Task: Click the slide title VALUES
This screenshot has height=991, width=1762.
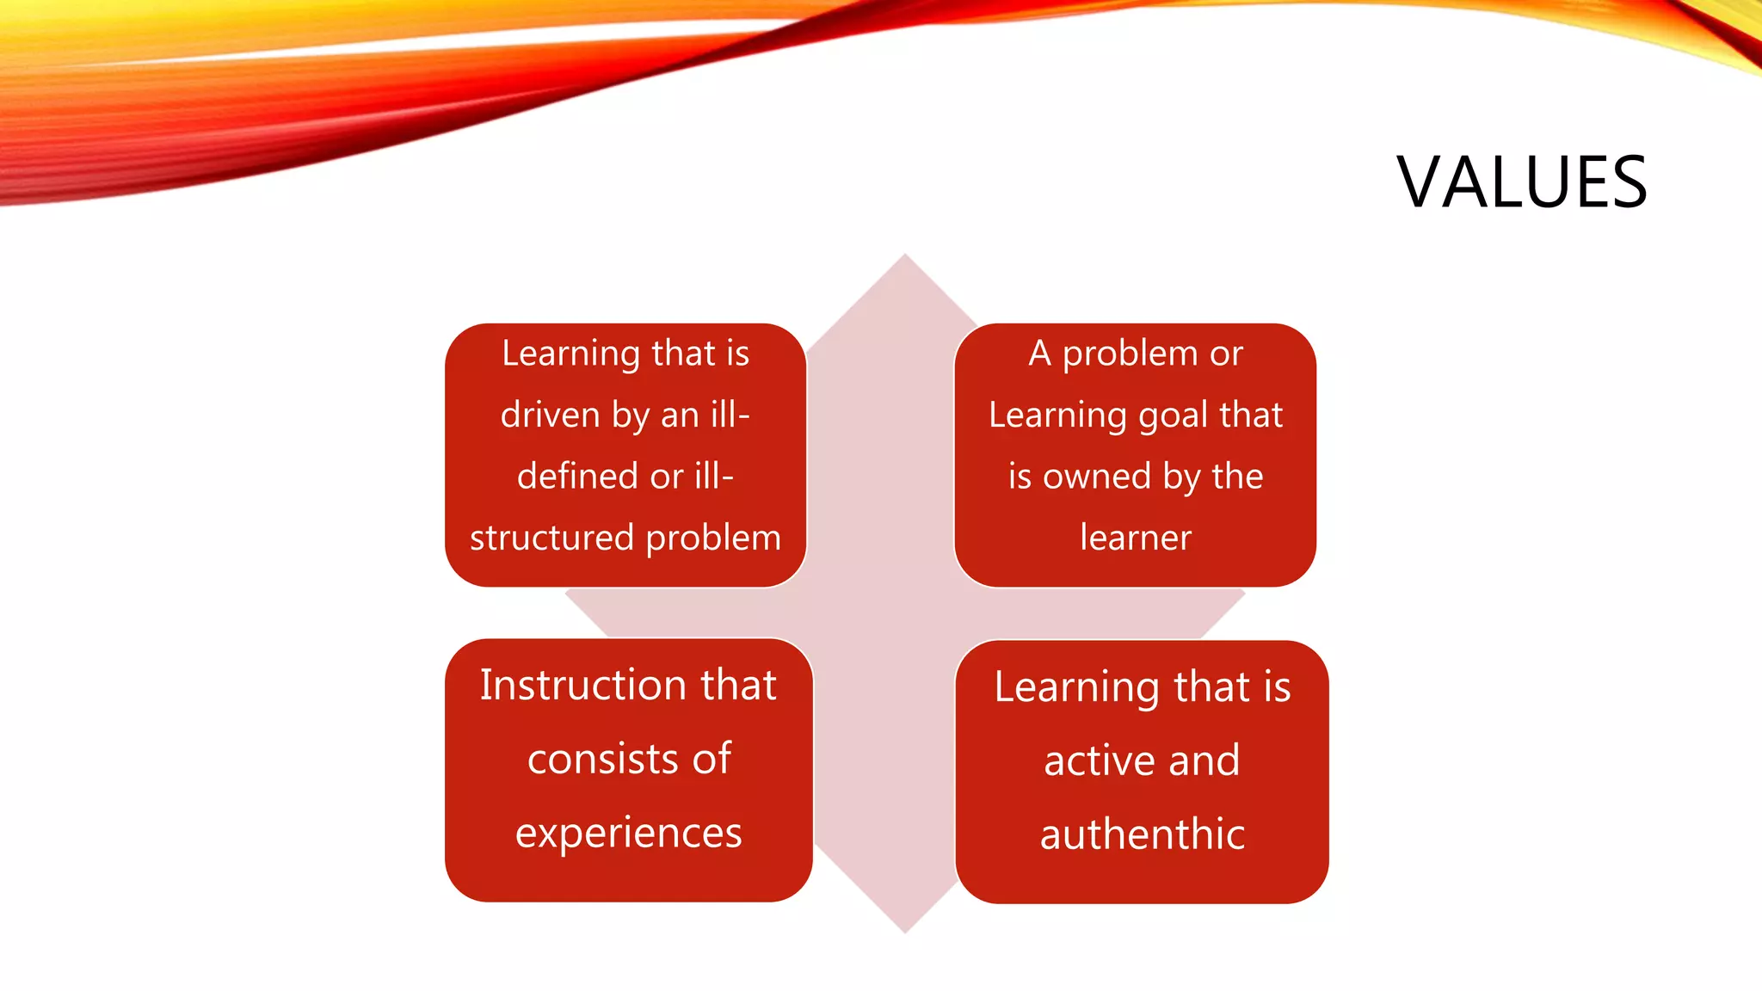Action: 1521,182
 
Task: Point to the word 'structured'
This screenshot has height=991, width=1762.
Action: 551,539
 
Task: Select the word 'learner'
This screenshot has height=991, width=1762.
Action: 1136,538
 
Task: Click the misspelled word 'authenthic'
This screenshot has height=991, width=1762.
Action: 1143,834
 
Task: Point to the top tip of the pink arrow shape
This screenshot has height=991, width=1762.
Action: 905,256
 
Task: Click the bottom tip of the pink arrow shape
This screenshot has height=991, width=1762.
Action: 905,931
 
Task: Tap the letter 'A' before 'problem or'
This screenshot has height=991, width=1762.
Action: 1039,354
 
